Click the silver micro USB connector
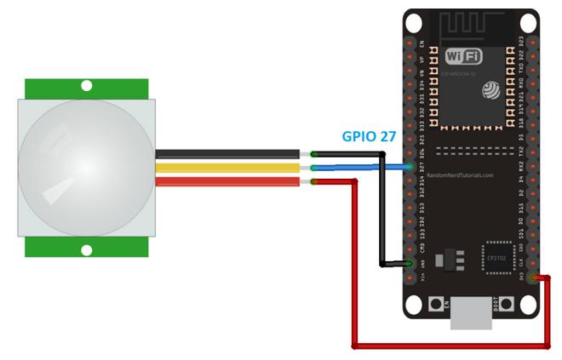(471, 312)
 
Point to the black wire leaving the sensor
(227, 154)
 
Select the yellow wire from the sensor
(227, 168)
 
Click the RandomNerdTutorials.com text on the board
(471, 174)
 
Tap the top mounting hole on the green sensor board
(86, 85)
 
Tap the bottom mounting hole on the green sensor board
(86, 249)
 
